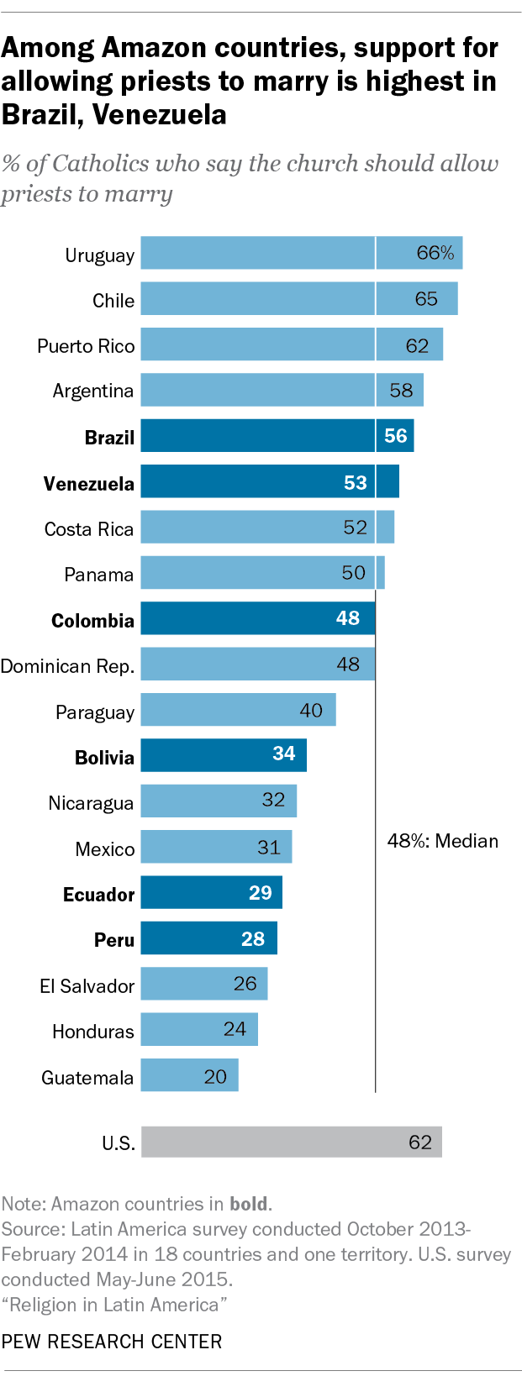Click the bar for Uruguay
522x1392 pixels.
[x=301, y=253]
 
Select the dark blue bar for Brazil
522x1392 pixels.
[x=277, y=435]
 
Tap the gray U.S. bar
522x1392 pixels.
[x=291, y=1142]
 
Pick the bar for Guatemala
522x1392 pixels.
[x=189, y=1075]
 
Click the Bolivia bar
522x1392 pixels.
[x=223, y=754]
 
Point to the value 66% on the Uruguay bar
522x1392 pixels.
[x=435, y=253]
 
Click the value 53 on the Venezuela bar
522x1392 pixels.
[x=356, y=482]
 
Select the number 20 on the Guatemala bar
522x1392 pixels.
[x=215, y=1076]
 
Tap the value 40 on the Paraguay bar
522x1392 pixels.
[x=311, y=711]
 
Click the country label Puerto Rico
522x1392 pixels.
[x=86, y=346]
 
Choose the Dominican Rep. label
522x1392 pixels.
[x=67, y=666]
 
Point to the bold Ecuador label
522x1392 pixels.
[x=98, y=895]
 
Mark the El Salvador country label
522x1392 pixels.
[x=87, y=986]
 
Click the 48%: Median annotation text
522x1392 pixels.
[x=442, y=841]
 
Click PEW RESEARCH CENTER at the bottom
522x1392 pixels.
[x=112, y=1342]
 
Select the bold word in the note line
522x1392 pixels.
[x=248, y=1204]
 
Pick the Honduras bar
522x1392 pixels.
[x=198, y=1029]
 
